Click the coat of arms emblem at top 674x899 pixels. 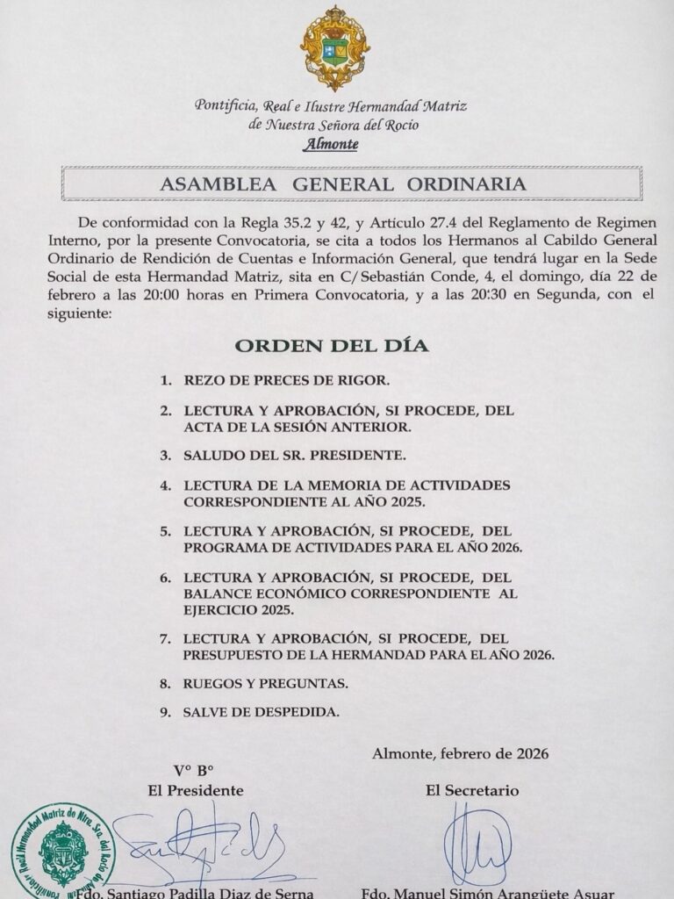point(334,49)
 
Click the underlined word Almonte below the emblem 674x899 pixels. point(330,145)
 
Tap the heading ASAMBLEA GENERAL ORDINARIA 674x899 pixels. point(343,185)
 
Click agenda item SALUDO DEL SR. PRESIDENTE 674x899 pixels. point(294,457)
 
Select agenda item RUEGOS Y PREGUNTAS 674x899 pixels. point(266,682)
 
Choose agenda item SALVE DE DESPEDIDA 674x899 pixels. point(262,712)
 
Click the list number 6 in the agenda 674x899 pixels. point(164,577)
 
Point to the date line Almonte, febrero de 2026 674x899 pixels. point(461,753)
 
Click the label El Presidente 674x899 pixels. point(196,790)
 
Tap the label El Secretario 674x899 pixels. point(472,790)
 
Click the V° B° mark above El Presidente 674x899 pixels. point(194,771)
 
